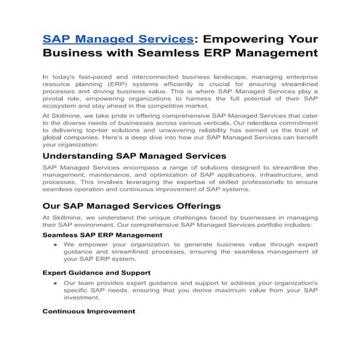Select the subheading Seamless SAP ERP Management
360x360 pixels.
coord(98,236)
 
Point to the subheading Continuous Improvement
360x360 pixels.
coord(89,311)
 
